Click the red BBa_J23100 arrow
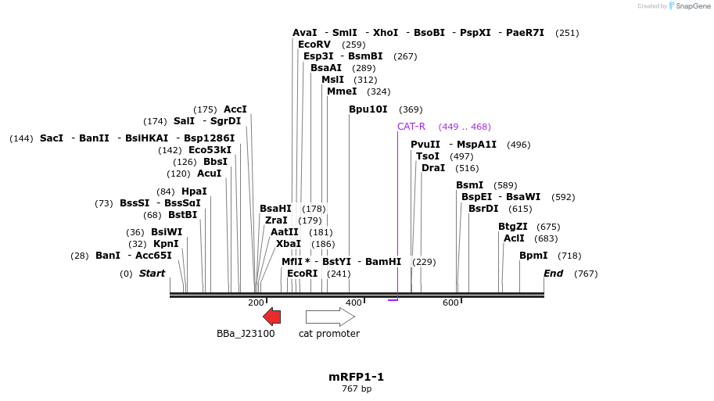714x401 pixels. coord(271,316)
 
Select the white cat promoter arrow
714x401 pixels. coord(330,316)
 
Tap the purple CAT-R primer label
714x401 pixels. coord(411,127)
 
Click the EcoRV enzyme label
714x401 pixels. coord(314,45)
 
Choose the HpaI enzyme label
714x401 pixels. coord(194,192)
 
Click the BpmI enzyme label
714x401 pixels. coord(533,256)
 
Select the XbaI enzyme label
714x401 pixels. coord(289,243)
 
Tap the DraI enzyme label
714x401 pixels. coord(433,168)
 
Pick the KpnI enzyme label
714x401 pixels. coord(166,244)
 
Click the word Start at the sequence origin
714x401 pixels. coord(152,274)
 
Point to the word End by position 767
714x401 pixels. coord(554,274)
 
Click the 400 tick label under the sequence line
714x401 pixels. coord(353,303)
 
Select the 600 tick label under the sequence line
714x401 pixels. coord(450,303)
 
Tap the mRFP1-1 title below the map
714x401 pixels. coord(357,377)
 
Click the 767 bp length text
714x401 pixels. coord(357,389)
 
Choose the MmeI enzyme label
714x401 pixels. coord(342,91)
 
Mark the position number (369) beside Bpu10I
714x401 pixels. coord(411,109)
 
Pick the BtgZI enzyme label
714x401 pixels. coord(513,227)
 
